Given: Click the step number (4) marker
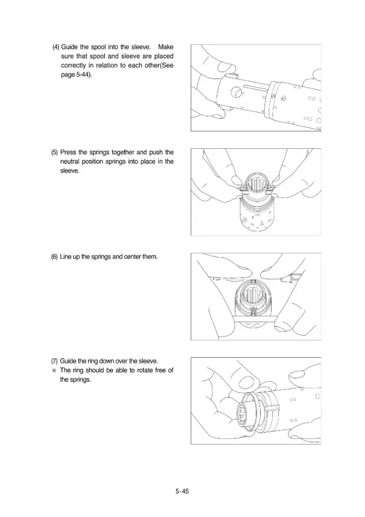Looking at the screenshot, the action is click(x=56, y=47).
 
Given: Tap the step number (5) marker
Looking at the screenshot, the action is click(x=54, y=153).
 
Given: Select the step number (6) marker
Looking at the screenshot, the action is click(x=54, y=257).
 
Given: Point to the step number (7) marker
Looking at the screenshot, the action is click(x=54, y=361).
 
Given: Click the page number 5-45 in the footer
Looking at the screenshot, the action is click(x=182, y=491).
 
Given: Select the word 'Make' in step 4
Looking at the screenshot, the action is click(x=166, y=47).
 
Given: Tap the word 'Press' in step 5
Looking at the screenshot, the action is click(x=68, y=153).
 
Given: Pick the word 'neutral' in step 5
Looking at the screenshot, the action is click(x=70, y=161).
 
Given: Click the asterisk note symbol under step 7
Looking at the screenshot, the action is click(x=54, y=371).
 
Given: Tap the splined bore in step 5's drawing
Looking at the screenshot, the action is click(x=256, y=188).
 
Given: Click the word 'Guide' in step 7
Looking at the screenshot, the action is click(x=68, y=361).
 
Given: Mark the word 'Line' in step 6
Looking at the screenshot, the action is click(x=65, y=257).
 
